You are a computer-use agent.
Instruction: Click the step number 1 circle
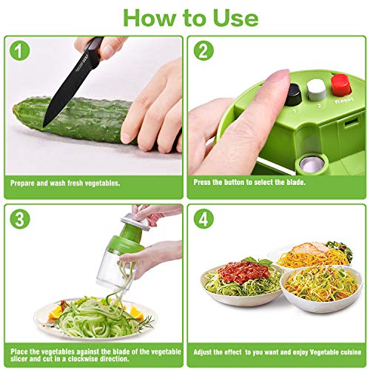click(20, 50)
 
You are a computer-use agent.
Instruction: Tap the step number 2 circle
click(203, 50)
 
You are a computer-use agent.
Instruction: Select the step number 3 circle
click(20, 219)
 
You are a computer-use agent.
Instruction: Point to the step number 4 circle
click(203, 219)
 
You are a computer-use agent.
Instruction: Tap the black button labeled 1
click(293, 95)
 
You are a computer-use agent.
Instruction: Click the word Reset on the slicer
click(344, 100)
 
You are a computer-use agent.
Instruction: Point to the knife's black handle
click(95, 50)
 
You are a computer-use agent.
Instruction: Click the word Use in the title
click(236, 18)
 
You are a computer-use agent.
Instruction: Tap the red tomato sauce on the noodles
click(243, 272)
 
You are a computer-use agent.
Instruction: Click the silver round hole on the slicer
click(312, 164)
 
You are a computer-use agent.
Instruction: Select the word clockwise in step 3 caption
click(84, 358)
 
